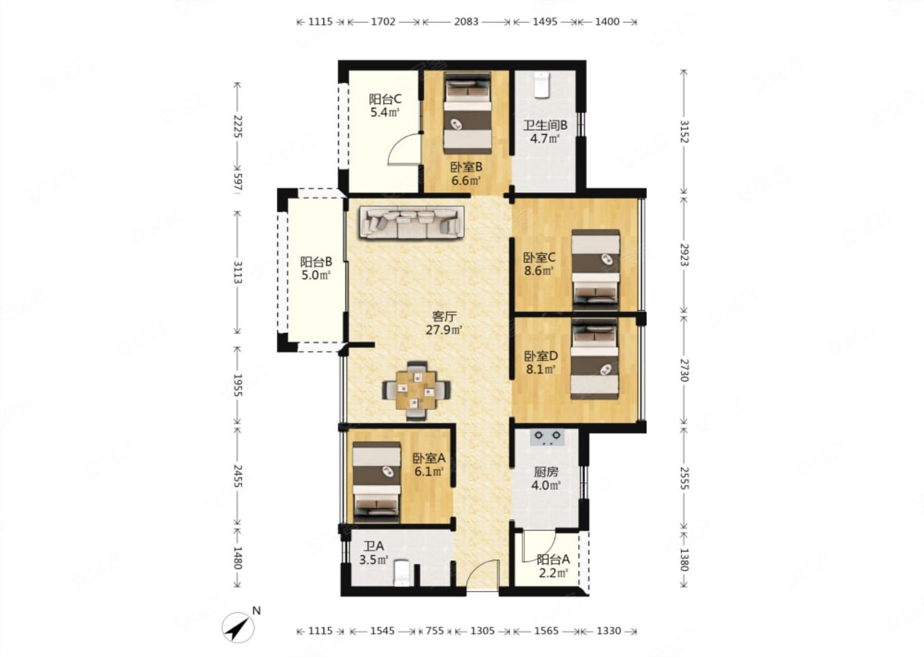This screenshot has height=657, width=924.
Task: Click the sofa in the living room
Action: (x=412, y=223)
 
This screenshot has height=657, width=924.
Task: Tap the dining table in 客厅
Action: (x=416, y=390)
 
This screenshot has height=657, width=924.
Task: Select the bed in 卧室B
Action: (x=467, y=114)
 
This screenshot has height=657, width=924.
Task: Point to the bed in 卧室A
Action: (x=377, y=482)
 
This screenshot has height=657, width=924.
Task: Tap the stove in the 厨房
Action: (x=547, y=438)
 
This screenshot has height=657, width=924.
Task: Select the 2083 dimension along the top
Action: (x=466, y=21)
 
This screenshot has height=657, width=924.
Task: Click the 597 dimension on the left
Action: (x=237, y=182)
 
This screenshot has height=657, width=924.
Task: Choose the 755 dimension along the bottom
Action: (x=435, y=631)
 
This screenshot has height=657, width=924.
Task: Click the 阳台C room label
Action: (x=385, y=99)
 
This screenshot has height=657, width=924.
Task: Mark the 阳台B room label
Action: (x=316, y=262)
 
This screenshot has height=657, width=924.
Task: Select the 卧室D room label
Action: (x=541, y=355)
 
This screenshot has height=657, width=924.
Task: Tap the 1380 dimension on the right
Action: (x=684, y=559)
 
